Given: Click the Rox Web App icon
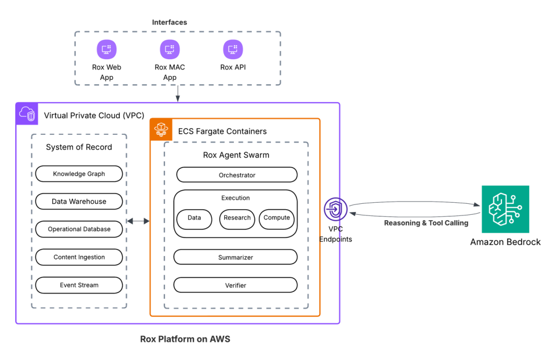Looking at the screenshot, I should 107,49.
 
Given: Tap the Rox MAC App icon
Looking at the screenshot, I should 170,49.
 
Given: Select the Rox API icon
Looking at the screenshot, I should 233,49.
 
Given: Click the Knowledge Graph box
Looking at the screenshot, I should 79,174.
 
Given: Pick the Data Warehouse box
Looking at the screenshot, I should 79,202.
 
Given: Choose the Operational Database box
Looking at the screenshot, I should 79,229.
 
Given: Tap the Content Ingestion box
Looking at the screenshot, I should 79,257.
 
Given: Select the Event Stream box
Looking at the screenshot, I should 79,285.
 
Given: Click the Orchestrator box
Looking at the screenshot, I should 237,175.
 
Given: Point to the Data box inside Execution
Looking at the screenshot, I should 194,218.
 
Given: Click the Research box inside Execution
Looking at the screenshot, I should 237,218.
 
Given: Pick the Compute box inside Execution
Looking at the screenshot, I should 276,218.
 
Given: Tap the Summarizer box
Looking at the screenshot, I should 236,257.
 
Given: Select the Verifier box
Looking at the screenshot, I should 236,285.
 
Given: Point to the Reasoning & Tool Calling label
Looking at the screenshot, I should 426,223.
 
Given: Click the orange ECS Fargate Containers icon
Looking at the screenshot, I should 161,129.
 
